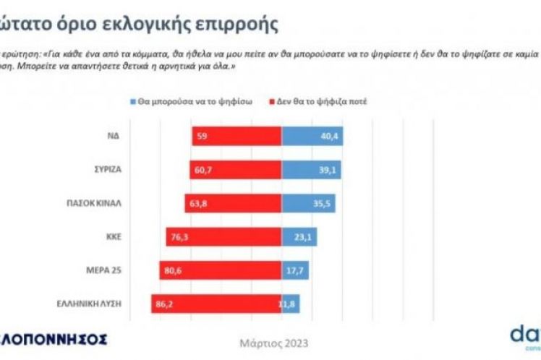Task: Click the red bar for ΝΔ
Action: [237, 135]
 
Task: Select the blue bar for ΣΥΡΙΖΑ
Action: [311, 169]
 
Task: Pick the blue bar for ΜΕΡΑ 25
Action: [295, 270]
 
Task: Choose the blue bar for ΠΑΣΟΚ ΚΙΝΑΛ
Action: [308, 203]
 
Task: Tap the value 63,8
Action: [197, 203]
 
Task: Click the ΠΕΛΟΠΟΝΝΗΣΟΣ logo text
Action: [54, 338]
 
